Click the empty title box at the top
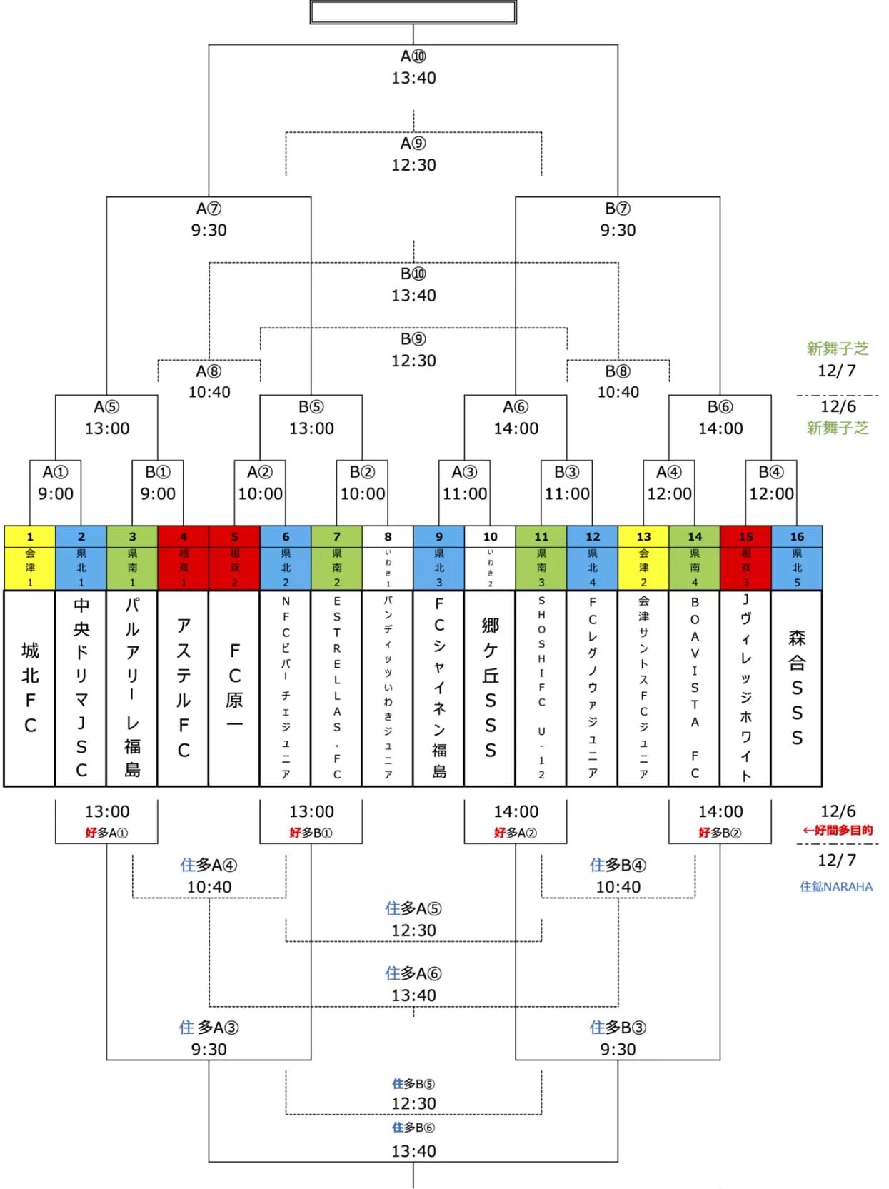[413, 12]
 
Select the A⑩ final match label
[413, 66]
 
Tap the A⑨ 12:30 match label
[413, 154]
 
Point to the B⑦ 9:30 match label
[618, 219]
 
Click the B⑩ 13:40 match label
[413, 284]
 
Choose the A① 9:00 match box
[56, 483]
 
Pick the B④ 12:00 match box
[771, 483]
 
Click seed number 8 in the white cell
[388, 536]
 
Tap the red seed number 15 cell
[746, 536]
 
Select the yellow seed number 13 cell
[643, 536]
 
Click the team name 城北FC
[30, 687]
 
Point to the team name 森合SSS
[797, 687]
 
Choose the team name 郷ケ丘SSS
[491, 687]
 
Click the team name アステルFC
[184, 687]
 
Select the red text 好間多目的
[838, 830]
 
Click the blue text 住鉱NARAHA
[836, 886]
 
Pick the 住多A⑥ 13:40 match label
[413, 984]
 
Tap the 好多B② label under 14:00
[720, 833]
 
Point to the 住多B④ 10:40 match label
[618, 876]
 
